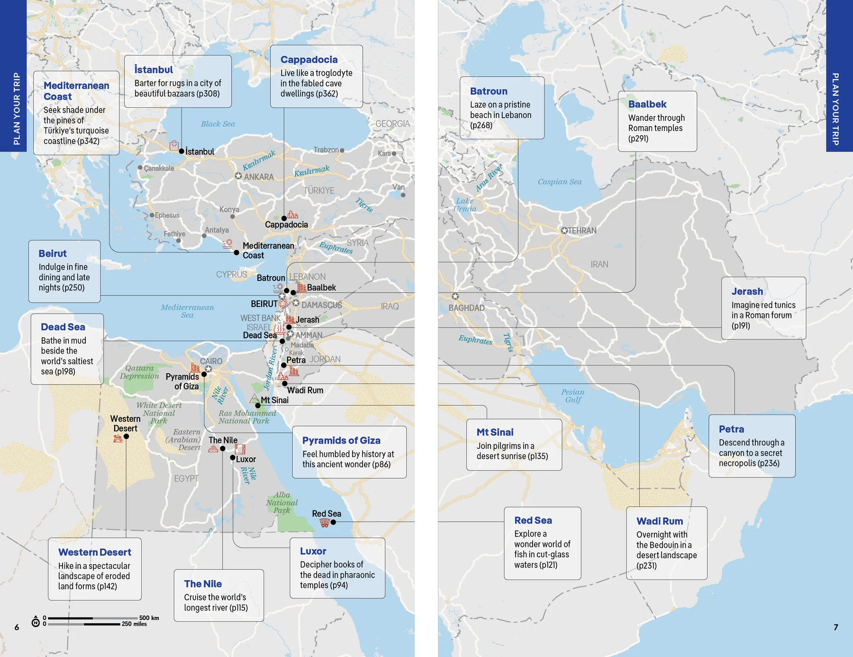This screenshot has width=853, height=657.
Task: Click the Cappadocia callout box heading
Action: pyautogui.click(x=309, y=60)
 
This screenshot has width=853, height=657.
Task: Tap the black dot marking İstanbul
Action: pyautogui.click(x=181, y=151)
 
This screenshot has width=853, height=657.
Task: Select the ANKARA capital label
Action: pyautogui.click(x=258, y=177)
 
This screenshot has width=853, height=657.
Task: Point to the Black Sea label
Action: pyautogui.click(x=218, y=124)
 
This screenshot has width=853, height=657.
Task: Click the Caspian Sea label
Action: pyautogui.click(x=559, y=182)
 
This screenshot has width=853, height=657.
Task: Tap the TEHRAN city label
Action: pyautogui.click(x=582, y=231)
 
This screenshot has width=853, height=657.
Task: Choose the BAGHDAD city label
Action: pyautogui.click(x=466, y=308)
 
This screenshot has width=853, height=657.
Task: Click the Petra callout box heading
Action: pyautogui.click(x=731, y=429)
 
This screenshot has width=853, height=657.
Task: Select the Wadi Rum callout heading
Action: pyautogui.click(x=659, y=521)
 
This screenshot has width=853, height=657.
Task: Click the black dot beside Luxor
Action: pyautogui.click(x=233, y=458)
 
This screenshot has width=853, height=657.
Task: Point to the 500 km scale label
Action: pyautogui.click(x=149, y=618)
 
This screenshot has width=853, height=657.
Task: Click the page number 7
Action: pyautogui.click(x=835, y=627)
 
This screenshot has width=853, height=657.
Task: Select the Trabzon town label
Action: pyautogui.click(x=326, y=150)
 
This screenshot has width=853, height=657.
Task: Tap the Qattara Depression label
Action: pyautogui.click(x=139, y=372)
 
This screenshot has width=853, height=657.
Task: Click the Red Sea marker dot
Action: pyautogui.click(x=333, y=522)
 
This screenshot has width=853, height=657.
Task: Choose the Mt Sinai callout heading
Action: pyautogui.click(x=495, y=432)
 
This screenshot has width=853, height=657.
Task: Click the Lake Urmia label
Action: pyautogui.click(x=464, y=205)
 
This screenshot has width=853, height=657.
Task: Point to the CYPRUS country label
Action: pyautogui.click(x=231, y=275)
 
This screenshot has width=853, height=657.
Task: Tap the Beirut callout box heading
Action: pyautogui.click(x=53, y=254)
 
